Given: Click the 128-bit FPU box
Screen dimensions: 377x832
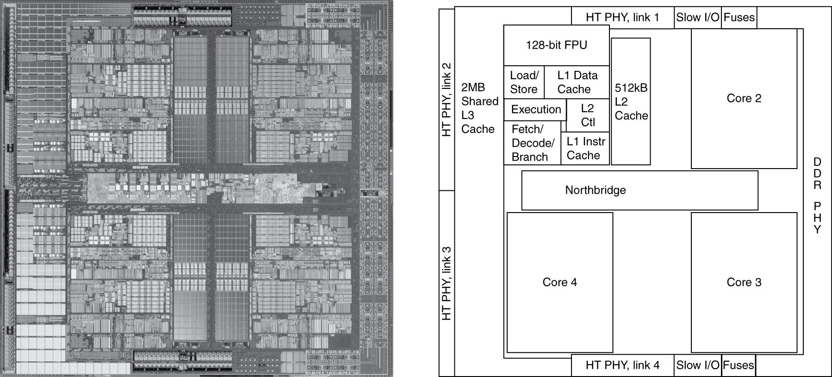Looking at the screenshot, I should (556, 45).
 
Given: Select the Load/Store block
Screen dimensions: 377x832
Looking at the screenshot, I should (524, 82).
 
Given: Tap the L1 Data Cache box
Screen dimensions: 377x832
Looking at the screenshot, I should (577, 82).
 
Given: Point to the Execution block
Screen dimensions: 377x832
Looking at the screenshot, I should (535, 110).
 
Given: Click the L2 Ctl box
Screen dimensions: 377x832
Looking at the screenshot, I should (588, 115).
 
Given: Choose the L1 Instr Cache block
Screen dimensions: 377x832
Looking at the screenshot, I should (585, 148).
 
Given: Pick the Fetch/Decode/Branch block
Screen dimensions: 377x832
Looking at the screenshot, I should (532, 143).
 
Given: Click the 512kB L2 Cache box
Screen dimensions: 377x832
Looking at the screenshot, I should (631, 101).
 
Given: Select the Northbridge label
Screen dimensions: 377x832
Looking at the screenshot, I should (595, 190).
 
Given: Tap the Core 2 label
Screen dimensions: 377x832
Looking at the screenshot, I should (744, 98).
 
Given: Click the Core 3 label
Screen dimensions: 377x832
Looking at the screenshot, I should (744, 282).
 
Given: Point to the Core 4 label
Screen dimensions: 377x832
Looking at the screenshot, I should (559, 282).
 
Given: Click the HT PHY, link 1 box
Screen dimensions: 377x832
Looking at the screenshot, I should (622, 18).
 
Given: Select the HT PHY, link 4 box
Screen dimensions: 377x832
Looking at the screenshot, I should (622, 365).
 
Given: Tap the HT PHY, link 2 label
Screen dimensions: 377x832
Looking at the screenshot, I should (447, 99).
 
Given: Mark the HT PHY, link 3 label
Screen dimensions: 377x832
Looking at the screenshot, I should (447, 283).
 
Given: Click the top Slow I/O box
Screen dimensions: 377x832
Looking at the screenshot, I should (697, 18).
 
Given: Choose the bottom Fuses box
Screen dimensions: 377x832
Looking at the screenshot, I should (739, 365).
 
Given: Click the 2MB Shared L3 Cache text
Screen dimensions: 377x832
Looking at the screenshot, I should (479, 108).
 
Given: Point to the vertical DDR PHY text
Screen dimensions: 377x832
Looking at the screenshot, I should (817, 195).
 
